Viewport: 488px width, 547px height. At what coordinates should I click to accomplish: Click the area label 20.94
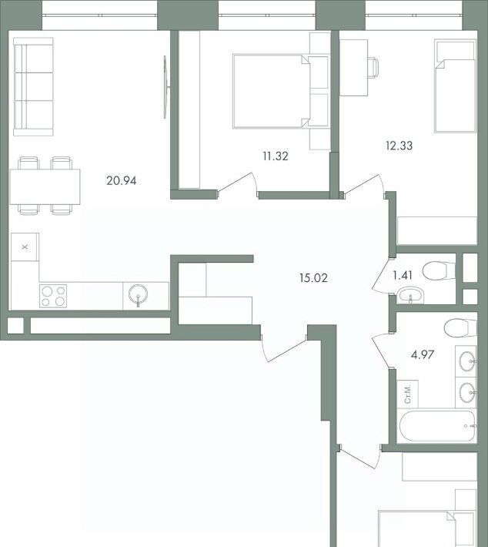122,181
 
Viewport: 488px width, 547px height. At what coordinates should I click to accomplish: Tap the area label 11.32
276,156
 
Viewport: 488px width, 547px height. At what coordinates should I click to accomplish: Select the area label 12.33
399,146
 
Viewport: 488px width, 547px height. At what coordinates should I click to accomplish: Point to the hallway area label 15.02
313,278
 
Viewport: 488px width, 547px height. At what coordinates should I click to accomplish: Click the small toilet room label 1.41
403,276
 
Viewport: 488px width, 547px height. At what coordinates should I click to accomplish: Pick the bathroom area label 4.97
423,355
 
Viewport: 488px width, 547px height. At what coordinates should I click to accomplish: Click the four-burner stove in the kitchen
53,296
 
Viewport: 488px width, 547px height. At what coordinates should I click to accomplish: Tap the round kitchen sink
138,295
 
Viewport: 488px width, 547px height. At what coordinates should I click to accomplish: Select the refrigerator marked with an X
25,247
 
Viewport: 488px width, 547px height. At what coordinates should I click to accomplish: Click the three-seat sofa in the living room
33,86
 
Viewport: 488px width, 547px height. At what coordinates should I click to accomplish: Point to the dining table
45,186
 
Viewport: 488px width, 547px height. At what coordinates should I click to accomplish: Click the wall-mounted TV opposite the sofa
166,87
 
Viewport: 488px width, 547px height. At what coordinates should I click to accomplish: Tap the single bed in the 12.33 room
455,86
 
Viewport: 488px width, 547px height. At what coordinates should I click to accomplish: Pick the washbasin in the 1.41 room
410,295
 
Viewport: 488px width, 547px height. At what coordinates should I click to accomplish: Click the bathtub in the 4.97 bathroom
437,426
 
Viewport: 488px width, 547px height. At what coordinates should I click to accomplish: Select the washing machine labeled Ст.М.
408,394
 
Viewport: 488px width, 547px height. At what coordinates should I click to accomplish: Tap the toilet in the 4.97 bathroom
460,328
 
